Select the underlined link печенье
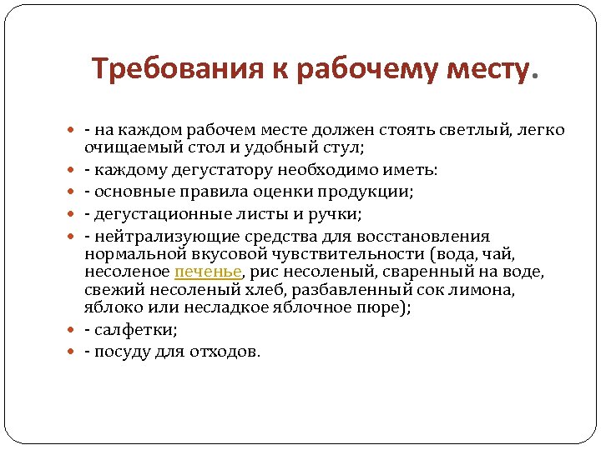[208, 272]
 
